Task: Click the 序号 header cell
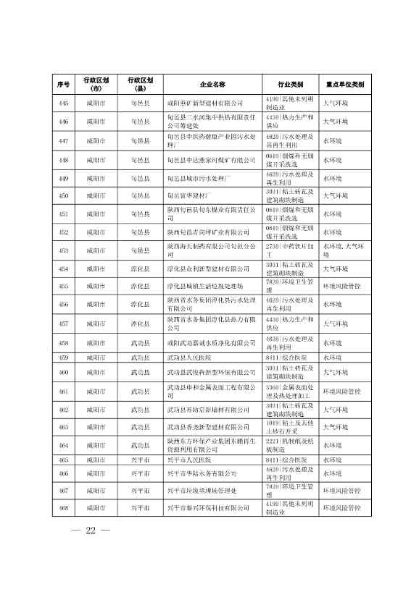pyautogui.click(x=63, y=84)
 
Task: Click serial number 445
pyautogui.click(x=63, y=103)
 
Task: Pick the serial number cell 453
pyautogui.click(x=63, y=250)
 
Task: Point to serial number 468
pyautogui.click(x=63, y=509)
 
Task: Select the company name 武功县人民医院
pyautogui.click(x=188, y=358)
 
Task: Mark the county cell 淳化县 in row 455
pyautogui.click(x=140, y=287)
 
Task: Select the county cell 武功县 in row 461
pyautogui.click(x=140, y=392)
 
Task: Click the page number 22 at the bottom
pyautogui.click(x=91, y=533)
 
